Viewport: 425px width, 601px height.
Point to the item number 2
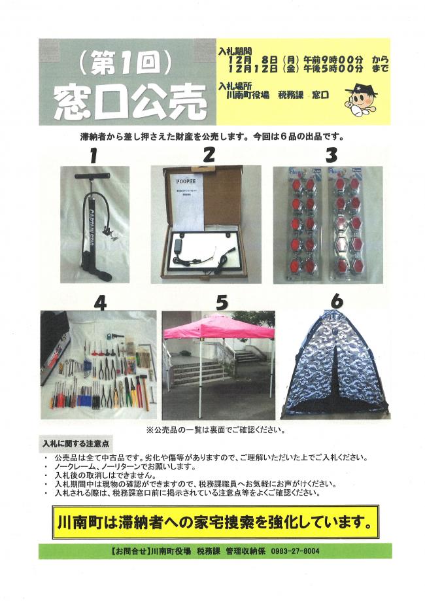click(209, 155)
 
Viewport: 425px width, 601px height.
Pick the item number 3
click(331, 156)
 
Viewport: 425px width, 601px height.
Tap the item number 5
click(222, 302)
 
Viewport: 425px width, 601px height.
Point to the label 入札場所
click(237, 86)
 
